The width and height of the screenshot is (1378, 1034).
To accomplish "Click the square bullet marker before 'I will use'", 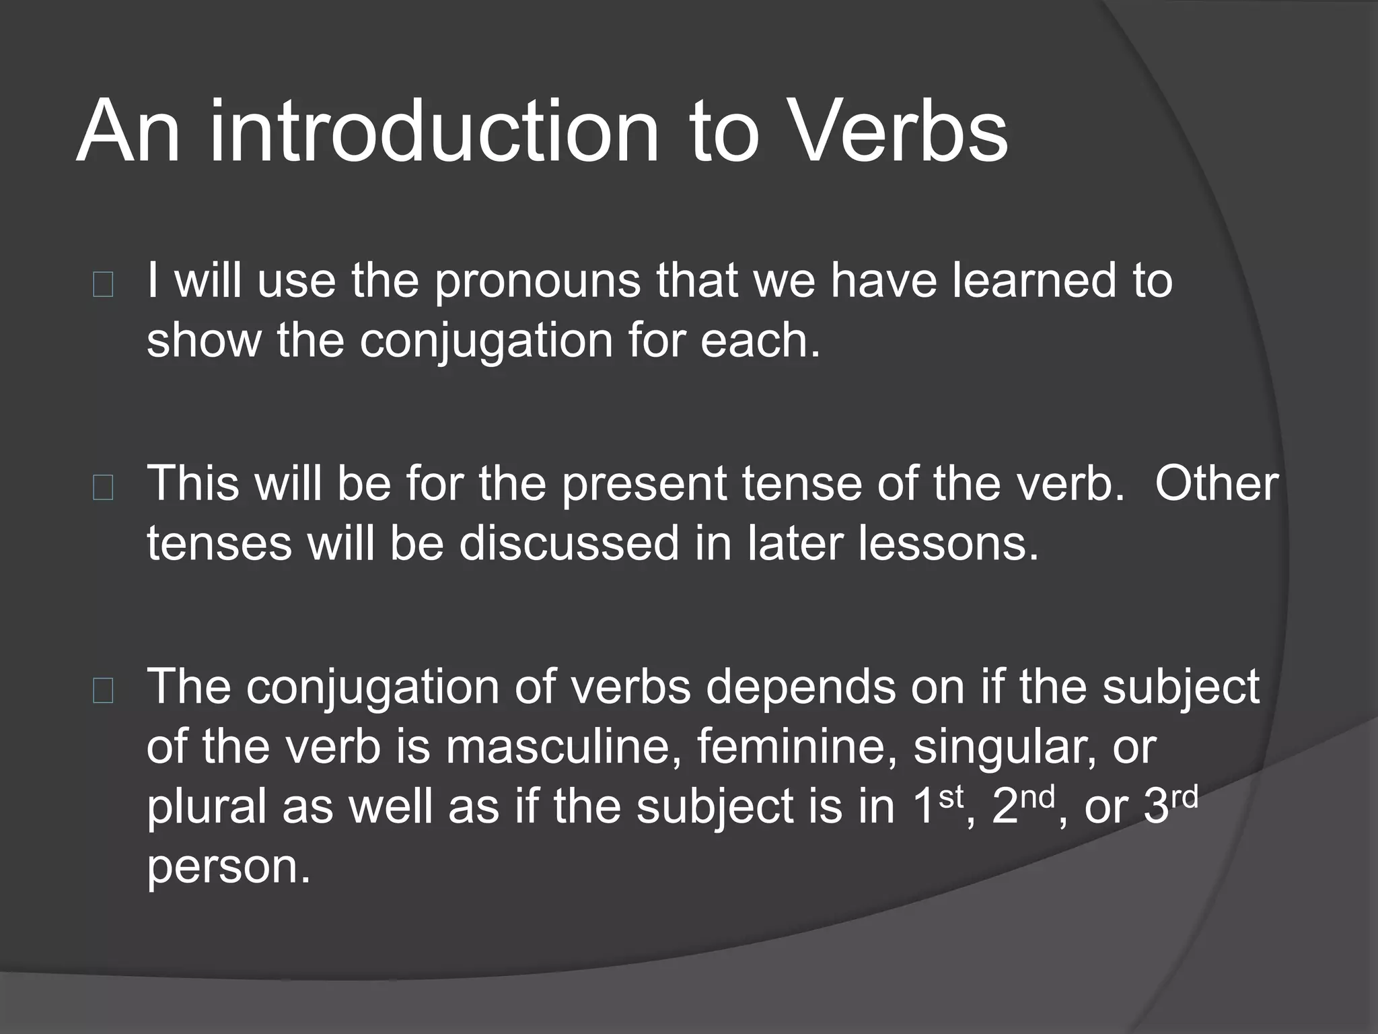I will pos(103,285).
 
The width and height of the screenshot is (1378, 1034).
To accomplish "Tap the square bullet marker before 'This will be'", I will pos(103,489).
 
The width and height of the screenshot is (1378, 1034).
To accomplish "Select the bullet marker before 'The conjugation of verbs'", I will pos(103,691).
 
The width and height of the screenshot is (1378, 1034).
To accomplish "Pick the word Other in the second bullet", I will pos(1217,484).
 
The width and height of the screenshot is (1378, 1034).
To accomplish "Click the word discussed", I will pos(569,543).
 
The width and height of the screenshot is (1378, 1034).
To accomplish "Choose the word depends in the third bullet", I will pos(801,688).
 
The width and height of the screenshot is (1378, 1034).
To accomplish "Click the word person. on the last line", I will pos(229,867).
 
